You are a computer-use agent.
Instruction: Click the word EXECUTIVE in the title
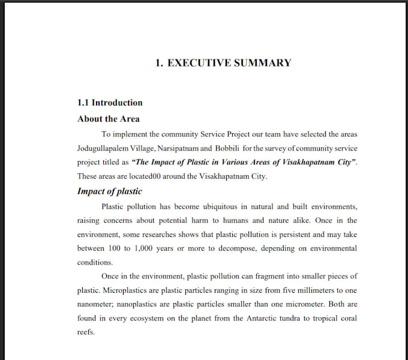point(200,62)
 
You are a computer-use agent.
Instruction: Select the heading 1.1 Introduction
point(110,103)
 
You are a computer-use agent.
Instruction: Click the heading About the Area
point(109,119)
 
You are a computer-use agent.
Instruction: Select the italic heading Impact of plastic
point(110,191)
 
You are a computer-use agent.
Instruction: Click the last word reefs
point(86,332)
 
